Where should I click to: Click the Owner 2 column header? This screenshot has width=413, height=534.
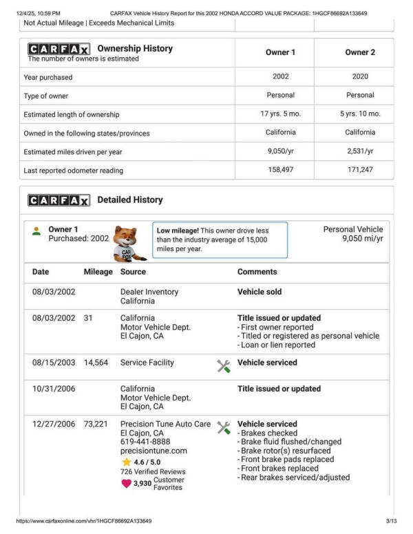360,52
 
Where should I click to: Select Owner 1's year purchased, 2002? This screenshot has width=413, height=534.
280,77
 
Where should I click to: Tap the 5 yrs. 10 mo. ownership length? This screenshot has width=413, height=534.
360,114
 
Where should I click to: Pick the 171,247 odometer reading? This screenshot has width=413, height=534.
360,170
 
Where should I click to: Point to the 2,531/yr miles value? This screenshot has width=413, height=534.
360,151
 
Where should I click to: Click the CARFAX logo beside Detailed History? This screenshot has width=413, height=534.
59,200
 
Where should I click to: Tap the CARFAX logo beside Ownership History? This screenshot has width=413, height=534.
59,50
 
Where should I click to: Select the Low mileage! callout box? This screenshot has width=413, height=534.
220,239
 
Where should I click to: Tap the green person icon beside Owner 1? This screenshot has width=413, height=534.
36,231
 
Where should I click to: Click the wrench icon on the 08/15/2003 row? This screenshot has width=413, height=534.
224,366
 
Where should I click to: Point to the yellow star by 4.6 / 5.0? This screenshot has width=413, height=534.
126,462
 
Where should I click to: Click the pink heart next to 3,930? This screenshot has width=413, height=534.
126,483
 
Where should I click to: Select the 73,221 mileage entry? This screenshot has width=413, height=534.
96,424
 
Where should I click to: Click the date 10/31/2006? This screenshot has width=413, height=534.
54,389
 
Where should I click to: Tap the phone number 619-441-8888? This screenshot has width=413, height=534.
145,442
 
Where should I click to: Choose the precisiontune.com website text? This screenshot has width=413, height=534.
153,451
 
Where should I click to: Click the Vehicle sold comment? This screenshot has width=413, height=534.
260,292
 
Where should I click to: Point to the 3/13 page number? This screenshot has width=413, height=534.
392,522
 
